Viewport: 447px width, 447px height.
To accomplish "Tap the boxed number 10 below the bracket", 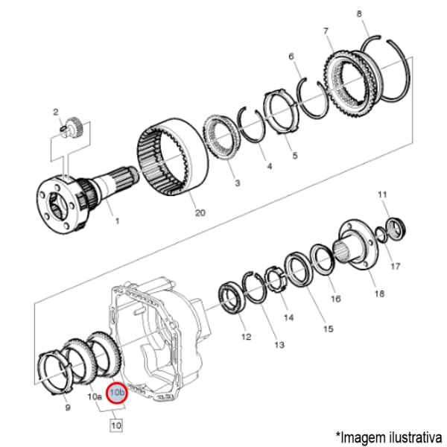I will (115, 425).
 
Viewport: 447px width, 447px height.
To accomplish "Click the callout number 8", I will (359, 14).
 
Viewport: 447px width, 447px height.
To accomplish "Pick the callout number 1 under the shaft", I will (116, 221).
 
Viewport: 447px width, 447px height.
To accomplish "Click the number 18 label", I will (379, 294).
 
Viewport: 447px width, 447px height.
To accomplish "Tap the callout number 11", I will (382, 195).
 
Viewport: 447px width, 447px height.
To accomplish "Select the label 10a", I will (95, 397).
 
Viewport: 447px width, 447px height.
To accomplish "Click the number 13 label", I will (279, 345).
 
